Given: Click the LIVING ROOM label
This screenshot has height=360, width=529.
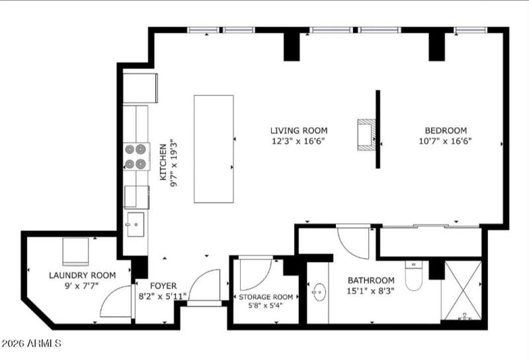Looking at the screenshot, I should (298, 130).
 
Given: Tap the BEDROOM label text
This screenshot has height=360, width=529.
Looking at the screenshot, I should (445, 130).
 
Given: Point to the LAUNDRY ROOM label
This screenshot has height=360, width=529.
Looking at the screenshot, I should (82, 275).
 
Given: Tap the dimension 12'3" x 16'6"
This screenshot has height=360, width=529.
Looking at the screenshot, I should (298, 140).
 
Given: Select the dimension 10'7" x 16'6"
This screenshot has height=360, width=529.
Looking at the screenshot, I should (445, 140).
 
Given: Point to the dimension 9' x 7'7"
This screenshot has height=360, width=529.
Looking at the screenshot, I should (82, 286).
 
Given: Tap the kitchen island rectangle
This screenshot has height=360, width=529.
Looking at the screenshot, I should (213, 148).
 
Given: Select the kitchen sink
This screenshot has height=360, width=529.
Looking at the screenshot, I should (136, 224).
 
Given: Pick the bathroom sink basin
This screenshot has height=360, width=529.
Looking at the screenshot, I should (319, 292).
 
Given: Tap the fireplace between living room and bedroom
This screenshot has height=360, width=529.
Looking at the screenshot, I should (366, 134).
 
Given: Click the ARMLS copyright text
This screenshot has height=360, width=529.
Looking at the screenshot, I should (32, 344).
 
